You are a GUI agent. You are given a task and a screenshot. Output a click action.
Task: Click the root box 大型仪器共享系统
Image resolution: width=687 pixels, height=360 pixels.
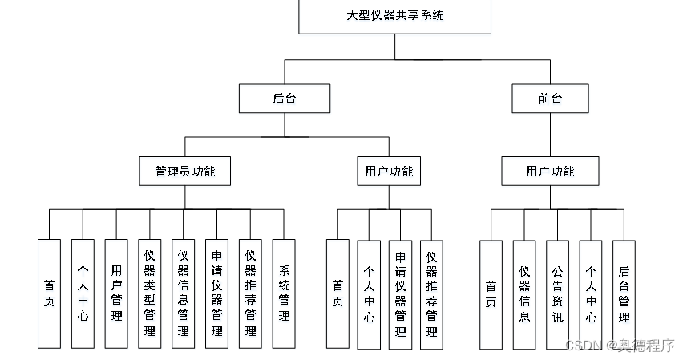tap(394, 16)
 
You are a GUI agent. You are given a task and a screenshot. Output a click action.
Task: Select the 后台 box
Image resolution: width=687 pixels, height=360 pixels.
tap(285, 99)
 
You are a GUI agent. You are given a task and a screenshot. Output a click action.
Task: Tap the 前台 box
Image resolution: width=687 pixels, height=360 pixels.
tap(550, 99)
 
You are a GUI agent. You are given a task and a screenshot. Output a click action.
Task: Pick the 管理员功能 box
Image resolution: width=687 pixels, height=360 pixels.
tap(185, 172)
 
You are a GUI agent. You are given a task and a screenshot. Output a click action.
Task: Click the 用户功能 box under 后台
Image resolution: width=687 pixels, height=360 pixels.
tap(389, 172)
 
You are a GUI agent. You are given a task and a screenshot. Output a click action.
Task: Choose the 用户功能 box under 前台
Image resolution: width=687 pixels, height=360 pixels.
tap(550, 172)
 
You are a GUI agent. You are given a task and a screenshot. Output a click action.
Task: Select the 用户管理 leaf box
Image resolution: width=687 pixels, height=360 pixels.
tap(116, 294)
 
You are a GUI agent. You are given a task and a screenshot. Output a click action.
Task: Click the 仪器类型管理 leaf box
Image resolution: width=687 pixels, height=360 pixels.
tap(149, 294)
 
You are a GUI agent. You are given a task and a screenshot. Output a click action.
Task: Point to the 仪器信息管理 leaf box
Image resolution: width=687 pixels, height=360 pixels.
tap(183, 294)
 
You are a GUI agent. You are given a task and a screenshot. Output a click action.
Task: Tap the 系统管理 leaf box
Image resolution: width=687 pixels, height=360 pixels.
tap(284, 294)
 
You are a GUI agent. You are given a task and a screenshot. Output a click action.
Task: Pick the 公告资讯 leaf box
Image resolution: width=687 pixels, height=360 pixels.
tap(557, 295)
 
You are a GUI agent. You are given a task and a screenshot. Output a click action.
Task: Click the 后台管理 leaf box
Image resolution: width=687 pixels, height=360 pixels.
tap(624, 295)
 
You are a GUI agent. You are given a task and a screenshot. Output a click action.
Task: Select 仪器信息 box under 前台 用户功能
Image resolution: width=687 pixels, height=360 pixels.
tap(524, 295)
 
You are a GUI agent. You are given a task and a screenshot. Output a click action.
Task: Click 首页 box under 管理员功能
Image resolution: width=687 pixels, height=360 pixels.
tap(49, 294)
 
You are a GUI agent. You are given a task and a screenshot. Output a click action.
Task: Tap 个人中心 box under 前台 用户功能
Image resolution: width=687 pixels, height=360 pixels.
tap(591, 295)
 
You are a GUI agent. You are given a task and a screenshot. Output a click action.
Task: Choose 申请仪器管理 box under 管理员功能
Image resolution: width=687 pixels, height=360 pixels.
tap(217, 294)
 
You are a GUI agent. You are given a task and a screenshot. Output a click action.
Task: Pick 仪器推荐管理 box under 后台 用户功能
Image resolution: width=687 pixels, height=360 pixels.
tap(431, 295)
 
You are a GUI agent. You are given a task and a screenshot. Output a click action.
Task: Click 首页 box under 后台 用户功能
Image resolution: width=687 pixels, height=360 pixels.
tap(337, 294)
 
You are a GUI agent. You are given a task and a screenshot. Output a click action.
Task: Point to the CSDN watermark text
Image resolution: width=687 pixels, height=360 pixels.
tap(620, 346)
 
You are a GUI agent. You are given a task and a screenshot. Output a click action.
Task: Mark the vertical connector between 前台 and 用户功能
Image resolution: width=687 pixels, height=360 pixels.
tap(550, 135)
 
